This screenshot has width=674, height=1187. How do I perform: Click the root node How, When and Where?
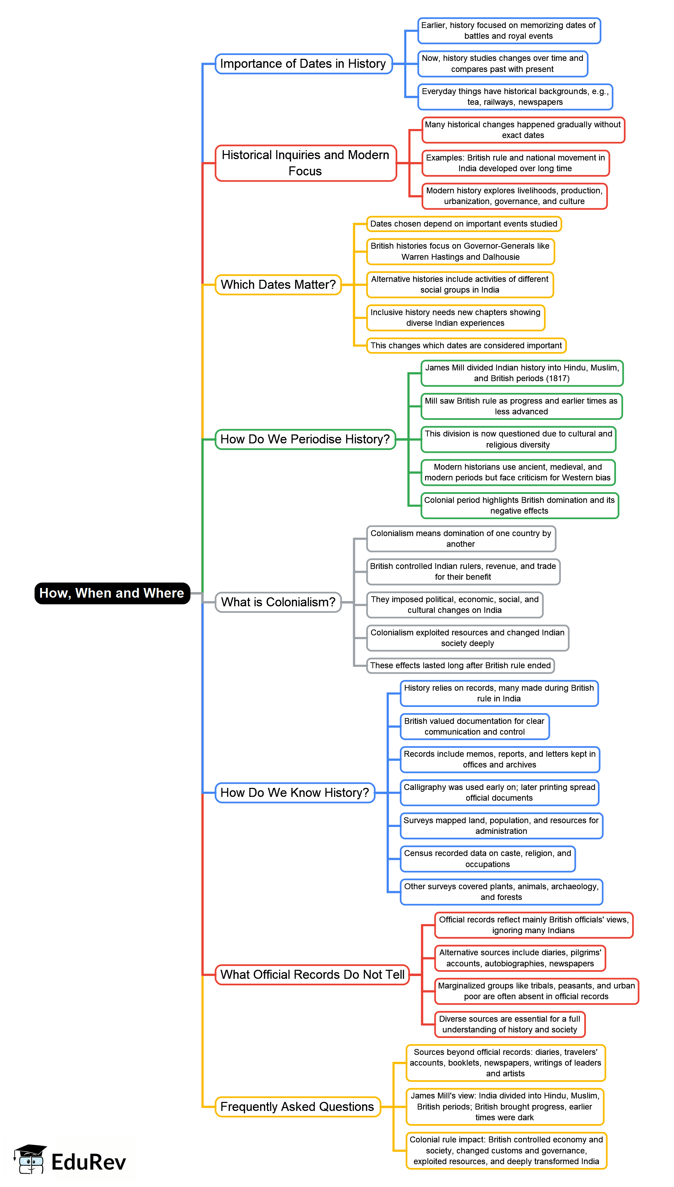coord(112,593)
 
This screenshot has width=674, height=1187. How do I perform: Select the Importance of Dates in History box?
coord(303,63)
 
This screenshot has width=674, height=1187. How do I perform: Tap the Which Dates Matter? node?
coord(278,284)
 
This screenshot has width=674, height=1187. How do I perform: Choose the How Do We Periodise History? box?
coord(305,439)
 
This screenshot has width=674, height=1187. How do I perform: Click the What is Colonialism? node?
coord(278,602)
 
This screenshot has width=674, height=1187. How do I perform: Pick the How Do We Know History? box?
coord(295,793)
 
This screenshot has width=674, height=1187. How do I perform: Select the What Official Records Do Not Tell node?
coord(313,975)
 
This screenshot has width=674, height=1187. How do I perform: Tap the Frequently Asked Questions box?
coord(297,1106)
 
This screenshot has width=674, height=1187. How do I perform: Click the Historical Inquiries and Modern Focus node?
coord(305,163)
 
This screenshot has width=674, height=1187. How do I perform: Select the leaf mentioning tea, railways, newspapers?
coord(515,97)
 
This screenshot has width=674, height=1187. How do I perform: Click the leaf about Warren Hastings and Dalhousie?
coord(460,251)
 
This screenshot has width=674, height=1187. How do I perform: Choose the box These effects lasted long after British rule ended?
coord(460,665)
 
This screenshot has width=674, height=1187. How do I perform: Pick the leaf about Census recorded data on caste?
coord(488,859)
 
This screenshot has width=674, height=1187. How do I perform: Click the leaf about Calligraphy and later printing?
coord(499,792)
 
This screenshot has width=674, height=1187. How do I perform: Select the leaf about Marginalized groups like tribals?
coord(536,991)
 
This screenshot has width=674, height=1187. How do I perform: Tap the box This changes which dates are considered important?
coord(466,346)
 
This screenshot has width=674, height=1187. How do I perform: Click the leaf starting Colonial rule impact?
coord(506,1150)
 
